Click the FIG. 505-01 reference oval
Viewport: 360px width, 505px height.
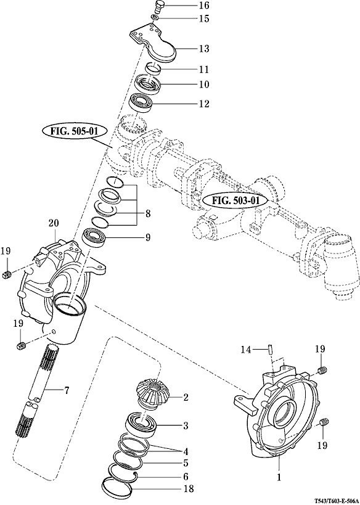(x=70, y=132)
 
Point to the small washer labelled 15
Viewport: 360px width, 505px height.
(x=155, y=17)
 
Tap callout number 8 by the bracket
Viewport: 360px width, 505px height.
(x=147, y=214)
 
